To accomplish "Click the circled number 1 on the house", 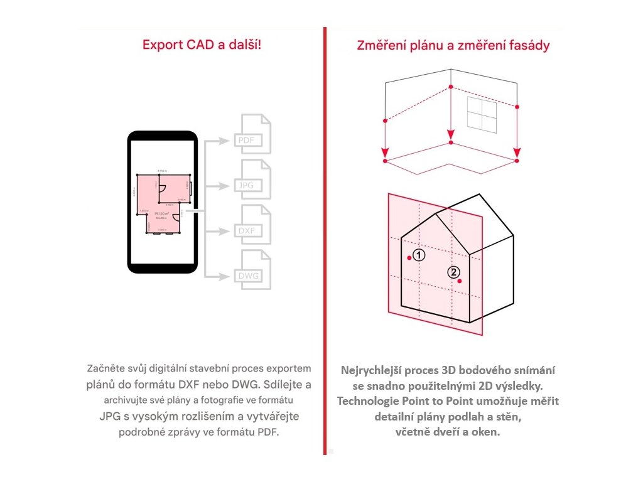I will pos(419,255).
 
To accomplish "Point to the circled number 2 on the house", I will pos(453,272).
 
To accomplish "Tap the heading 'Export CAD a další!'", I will pos(201,45).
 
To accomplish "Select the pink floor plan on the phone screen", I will pos(161,201).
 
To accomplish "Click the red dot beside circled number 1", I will pos(409,257).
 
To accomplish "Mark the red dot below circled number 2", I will pos(460,281).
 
